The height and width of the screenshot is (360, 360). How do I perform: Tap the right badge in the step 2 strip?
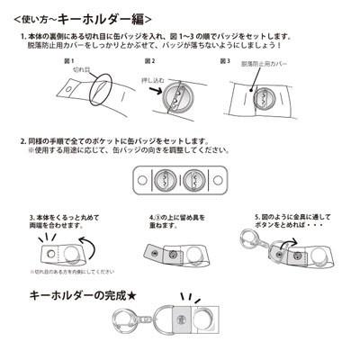click(x=197, y=182)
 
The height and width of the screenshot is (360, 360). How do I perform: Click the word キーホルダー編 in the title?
click(x=113, y=17)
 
